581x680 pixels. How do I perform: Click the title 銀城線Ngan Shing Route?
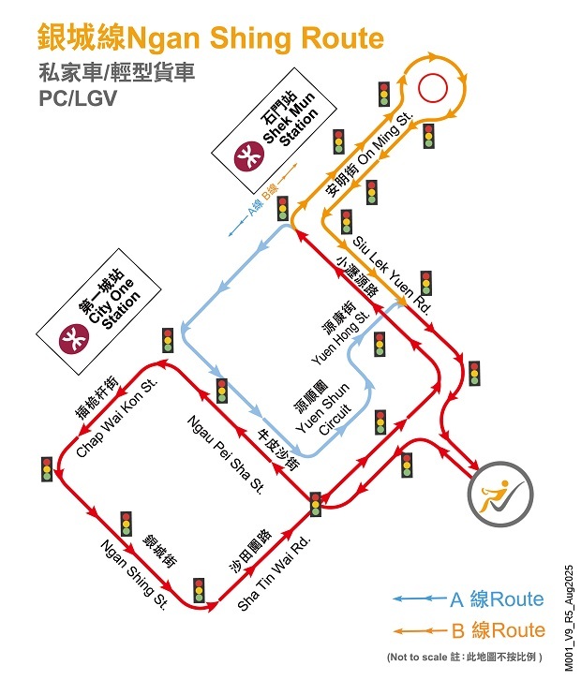211,39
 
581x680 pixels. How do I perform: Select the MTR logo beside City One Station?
72,334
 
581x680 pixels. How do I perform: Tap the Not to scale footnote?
464,657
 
